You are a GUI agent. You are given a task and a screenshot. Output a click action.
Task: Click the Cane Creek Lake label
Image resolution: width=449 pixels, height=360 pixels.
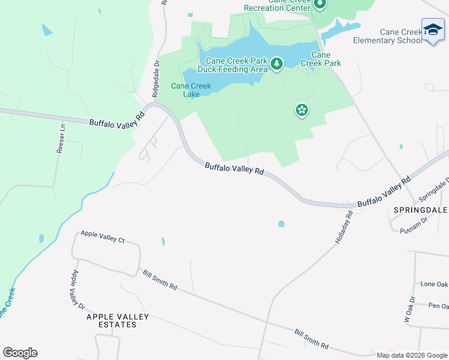pos(191,90)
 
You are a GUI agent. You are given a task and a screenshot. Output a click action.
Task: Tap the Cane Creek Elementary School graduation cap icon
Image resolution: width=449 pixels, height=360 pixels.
pos(433,30)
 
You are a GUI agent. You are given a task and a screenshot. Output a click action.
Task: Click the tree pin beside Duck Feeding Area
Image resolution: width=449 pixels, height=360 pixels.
pos(276,63)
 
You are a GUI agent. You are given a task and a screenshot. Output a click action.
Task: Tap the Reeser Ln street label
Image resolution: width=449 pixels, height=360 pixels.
pos(60,139)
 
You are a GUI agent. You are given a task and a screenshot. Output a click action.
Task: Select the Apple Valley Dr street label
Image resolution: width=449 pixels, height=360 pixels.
pos(76,289)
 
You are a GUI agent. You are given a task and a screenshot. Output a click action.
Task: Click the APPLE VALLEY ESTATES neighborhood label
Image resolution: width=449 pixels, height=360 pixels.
pos(118,320)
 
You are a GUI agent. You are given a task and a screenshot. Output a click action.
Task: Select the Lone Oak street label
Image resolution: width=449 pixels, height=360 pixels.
pos(435,284)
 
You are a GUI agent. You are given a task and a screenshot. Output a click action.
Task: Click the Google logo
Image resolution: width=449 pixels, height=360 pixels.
pos(20,353)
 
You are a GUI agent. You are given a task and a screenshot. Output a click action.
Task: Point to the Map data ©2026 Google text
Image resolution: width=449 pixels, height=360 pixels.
pos(412,355)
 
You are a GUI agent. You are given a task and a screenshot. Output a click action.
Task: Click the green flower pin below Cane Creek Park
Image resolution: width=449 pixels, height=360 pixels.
pos(301,110)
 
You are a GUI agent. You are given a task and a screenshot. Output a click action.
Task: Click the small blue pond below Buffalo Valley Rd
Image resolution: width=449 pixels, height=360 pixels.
pos(281,224)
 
